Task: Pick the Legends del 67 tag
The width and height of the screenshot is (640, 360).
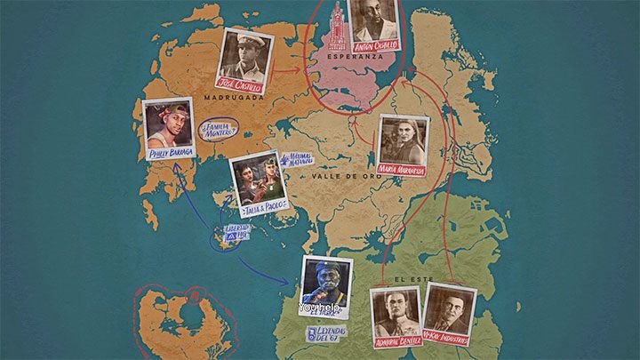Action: (x=324, y=334)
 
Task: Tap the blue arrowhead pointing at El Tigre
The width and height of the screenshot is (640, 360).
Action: (x=289, y=282)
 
